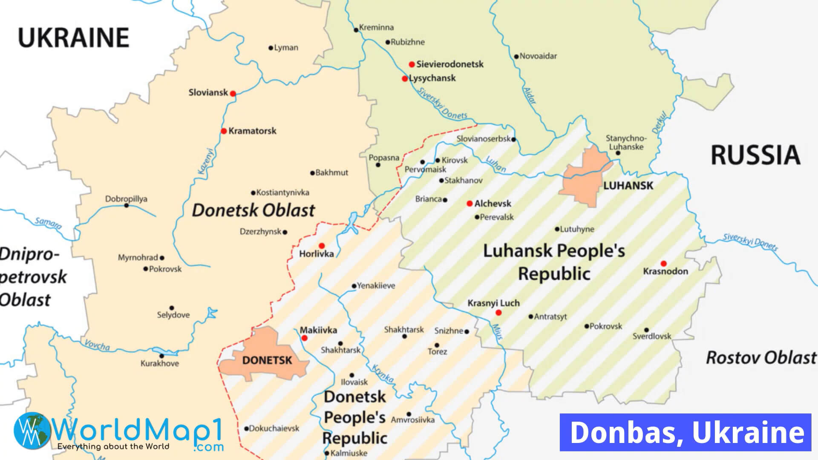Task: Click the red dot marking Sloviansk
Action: click(x=233, y=93)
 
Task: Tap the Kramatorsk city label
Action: click(x=252, y=131)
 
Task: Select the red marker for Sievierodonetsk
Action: click(x=412, y=64)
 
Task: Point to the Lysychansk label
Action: click(x=432, y=78)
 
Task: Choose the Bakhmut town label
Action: click(x=331, y=172)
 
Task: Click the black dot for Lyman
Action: click(x=271, y=48)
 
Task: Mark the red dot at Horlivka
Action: click(x=322, y=246)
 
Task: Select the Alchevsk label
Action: click(x=493, y=204)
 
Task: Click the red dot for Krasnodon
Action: click(x=663, y=264)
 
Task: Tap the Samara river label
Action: click(x=48, y=222)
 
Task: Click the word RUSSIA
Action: click(x=755, y=155)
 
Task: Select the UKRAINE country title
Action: click(x=73, y=37)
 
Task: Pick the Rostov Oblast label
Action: click(x=761, y=358)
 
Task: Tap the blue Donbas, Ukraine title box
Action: click(x=685, y=432)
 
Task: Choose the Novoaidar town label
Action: click(x=538, y=56)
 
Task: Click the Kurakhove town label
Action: click(x=160, y=363)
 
